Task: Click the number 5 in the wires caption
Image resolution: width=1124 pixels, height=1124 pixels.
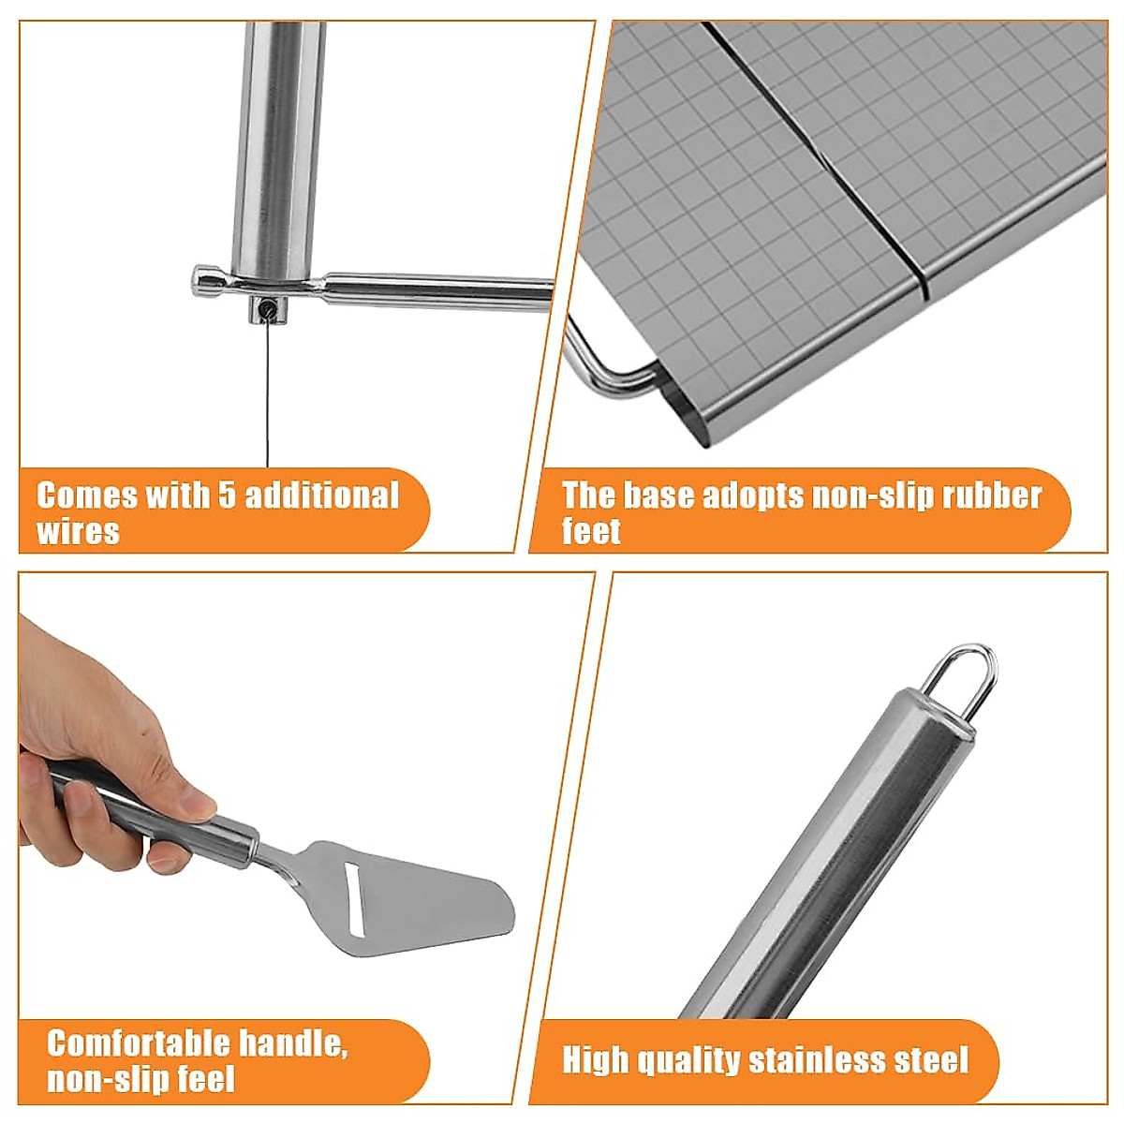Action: click(227, 495)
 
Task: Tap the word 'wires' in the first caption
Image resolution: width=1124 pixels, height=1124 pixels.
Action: click(79, 532)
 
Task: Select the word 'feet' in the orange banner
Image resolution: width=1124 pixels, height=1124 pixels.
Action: click(591, 532)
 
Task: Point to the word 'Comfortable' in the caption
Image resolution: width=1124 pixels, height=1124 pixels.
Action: click(140, 1043)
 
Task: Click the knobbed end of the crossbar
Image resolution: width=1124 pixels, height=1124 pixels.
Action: click(203, 280)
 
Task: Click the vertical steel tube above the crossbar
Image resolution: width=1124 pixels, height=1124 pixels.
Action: click(278, 140)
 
